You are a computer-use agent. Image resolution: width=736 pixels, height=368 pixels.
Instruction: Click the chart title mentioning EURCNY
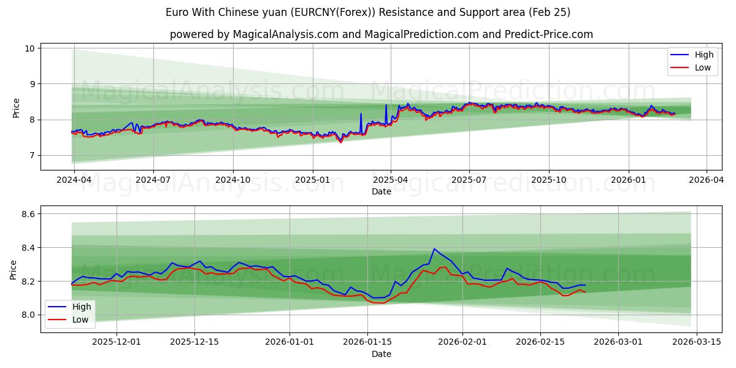(x=368, y=12)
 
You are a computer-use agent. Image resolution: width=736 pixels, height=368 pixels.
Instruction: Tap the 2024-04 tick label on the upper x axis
(x=74, y=180)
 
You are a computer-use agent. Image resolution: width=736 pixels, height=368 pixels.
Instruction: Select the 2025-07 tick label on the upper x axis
(x=469, y=180)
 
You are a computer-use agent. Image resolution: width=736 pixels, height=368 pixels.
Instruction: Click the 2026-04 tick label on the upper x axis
(x=706, y=180)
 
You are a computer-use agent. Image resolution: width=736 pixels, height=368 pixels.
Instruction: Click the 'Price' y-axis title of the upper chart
(x=16, y=107)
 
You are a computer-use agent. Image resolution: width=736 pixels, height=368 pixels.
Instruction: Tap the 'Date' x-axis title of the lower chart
(x=381, y=354)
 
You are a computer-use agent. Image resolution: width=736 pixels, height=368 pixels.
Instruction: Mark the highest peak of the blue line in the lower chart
(x=434, y=248)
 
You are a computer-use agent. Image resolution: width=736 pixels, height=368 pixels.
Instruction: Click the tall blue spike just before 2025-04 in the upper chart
(x=386, y=105)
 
